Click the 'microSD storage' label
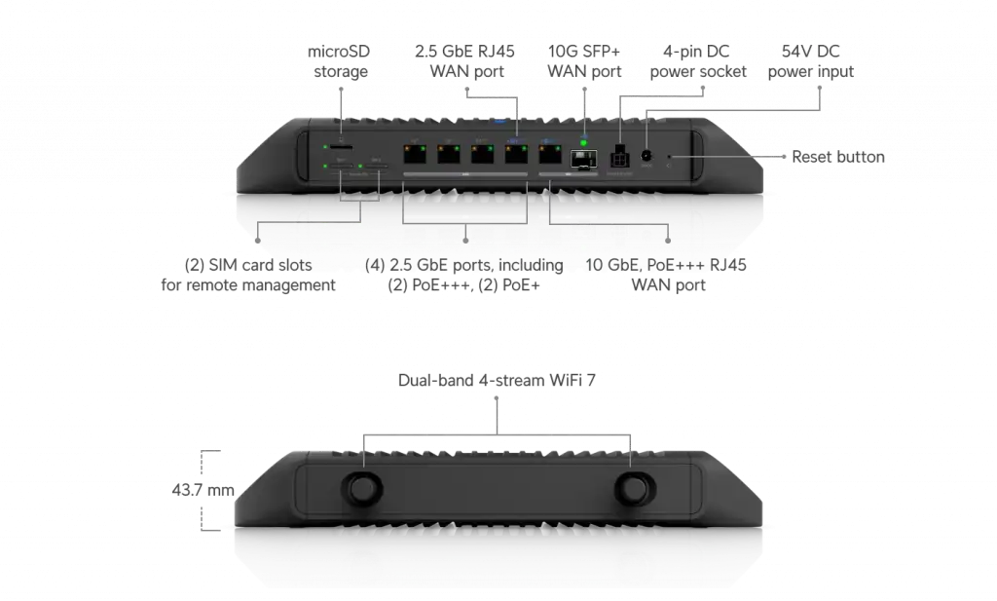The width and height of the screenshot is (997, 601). pyautogui.click(x=339, y=61)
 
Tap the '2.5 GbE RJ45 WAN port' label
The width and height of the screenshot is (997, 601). pyautogui.click(x=465, y=61)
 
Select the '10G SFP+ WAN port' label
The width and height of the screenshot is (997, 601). pyautogui.click(x=584, y=61)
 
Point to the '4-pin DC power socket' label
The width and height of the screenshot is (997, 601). pyautogui.click(x=697, y=61)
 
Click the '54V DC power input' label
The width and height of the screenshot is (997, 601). pyautogui.click(x=811, y=61)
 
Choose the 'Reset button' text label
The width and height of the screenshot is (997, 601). pyautogui.click(x=838, y=157)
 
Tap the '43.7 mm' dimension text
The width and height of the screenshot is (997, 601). pyautogui.click(x=203, y=490)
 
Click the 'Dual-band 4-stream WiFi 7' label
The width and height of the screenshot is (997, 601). pyautogui.click(x=497, y=380)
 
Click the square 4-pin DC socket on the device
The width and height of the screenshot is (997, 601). pyautogui.click(x=619, y=158)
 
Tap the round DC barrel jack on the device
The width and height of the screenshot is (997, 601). pyautogui.click(x=647, y=156)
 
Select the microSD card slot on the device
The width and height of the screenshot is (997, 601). pyautogui.click(x=341, y=147)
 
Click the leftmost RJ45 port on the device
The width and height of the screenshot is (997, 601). pyautogui.click(x=415, y=154)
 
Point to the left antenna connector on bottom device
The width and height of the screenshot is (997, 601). pyautogui.click(x=363, y=488)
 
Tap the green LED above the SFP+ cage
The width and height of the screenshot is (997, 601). pyautogui.click(x=584, y=143)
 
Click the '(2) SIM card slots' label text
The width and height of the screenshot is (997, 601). pyautogui.click(x=248, y=265)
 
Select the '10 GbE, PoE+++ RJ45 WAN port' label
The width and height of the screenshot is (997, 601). pyautogui.click(x=666, y=275)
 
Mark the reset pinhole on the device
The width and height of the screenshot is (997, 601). pyautogui.click(x=668, y=157)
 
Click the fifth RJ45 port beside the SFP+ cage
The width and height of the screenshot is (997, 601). pyautogui.click(x=550, y=154)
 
